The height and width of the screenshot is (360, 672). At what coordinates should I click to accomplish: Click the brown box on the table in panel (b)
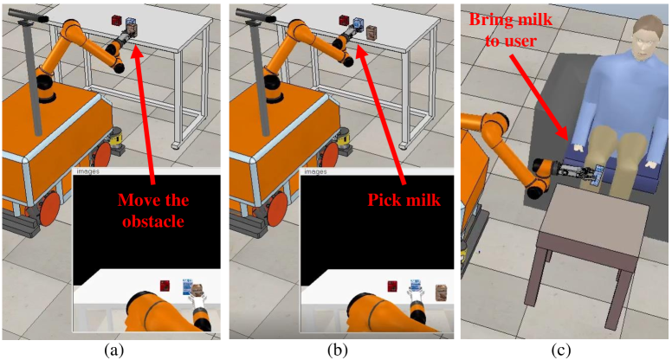pyautogui.click(x=371, y=33)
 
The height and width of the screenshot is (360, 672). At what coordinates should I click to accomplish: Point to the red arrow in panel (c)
pyautogui.click(x=540, y=90)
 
